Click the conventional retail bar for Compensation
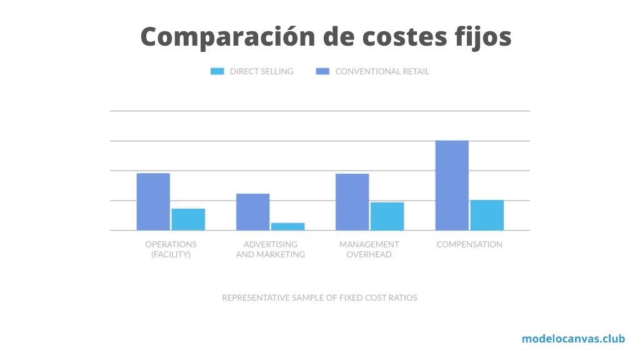point(452,186)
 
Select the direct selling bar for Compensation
point(487,215)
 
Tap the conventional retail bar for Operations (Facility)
point(153,202)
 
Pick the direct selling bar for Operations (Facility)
point(188,219)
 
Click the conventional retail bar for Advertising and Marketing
point(252,212)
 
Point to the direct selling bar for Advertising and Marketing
point(287,226)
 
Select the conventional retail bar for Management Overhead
point(352,202)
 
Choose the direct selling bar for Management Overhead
point(387,216)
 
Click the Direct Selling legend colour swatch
point(217,71)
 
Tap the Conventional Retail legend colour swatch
point(322,71)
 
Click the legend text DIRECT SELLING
point(261,71)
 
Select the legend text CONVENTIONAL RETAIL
point(382,71)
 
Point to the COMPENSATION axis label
point(469,244)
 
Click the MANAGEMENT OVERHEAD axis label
point(369,249)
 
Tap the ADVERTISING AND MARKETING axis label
point(270,249)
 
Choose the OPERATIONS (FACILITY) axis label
point(171,249)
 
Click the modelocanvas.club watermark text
point(573,339)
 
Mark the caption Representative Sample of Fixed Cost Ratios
point(319,297)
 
